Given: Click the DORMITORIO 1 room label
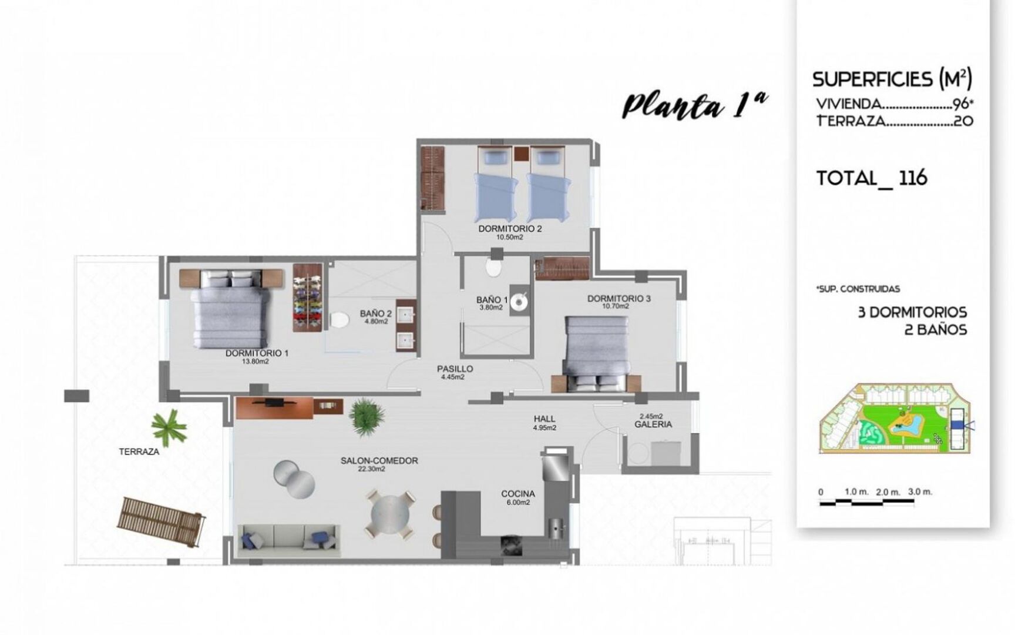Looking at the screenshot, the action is (257, 353).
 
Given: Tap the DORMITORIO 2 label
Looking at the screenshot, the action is (509, 229).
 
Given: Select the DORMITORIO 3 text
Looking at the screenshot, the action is (619, 299).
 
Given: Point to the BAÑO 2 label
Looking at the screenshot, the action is (375, 314).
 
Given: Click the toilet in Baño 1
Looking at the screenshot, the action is (494, 268).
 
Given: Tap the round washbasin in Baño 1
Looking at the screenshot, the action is (519, 302).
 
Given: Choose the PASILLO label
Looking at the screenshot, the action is (455, 369).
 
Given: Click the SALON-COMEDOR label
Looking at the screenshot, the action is (379, 461).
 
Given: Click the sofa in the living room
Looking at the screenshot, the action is (289, 540).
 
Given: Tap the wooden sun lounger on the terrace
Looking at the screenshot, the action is (162, 522).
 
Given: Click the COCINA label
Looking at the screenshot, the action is (517, 494).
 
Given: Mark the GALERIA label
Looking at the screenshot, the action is (653, 425).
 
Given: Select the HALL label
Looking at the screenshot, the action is (545, 419).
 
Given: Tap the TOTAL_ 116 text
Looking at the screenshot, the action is (872, 178).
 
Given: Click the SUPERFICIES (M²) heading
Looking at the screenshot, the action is (892, 79).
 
